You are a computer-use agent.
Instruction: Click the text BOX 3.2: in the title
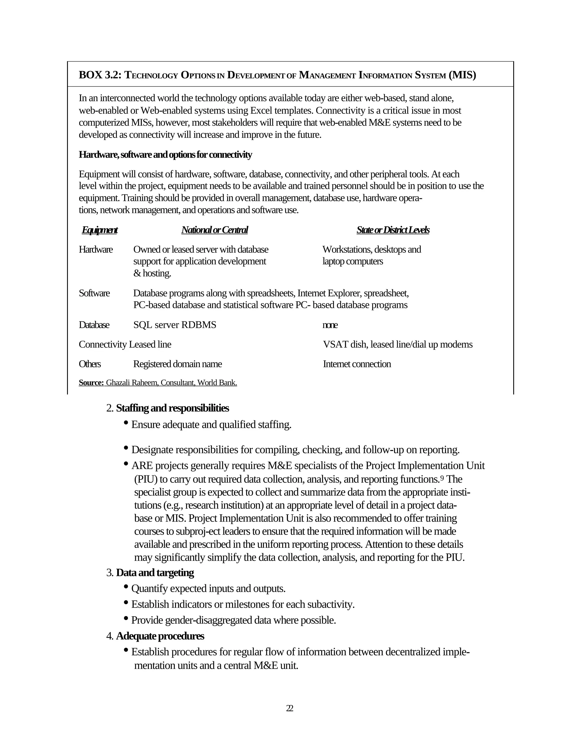click(x=100, y=75)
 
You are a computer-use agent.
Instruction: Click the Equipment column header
click(x=100, y=230)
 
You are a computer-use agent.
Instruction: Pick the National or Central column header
click(x=214, y=230)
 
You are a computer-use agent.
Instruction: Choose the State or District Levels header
click(x=393, y=230)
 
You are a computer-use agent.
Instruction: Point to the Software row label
click(x=94, y=293)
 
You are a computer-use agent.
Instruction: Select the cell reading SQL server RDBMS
click(x=175, y=325)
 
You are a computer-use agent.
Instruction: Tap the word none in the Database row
click(x=330, y=325)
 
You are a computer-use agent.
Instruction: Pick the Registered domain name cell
click(x=177, y=364)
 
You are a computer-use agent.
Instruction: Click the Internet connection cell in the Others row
click(x=357, y=364)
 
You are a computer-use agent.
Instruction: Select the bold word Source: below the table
click(x=91, y=383)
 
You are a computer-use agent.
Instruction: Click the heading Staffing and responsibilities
click(x=172, y=408)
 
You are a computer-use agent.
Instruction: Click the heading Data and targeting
click(x=155, y=573)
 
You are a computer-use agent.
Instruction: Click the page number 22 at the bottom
click(x=289, y=708)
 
